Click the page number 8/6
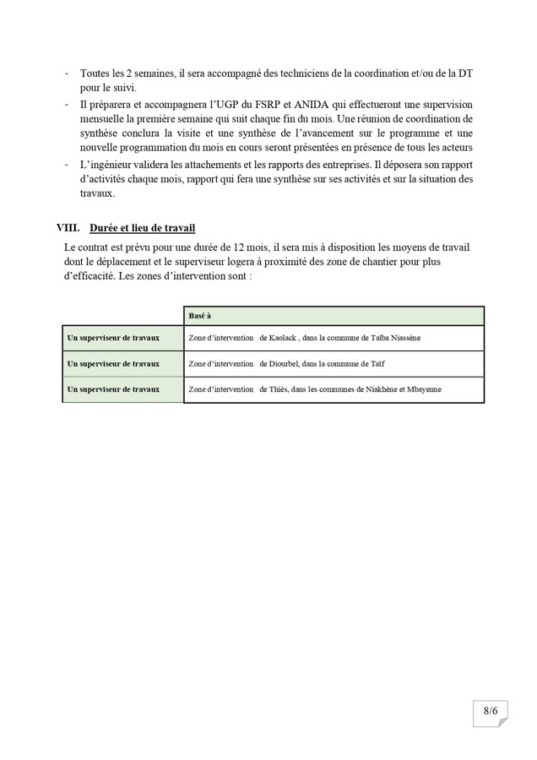(x=491, y=711)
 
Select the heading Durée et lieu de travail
(x=142, y=228)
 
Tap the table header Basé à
(x=200, y=315)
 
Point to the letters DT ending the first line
(x=464, y=73)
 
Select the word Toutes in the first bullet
(x=96, y=73)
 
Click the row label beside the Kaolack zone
(x=113, y=338)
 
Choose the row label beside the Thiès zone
(x=113, y=389)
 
